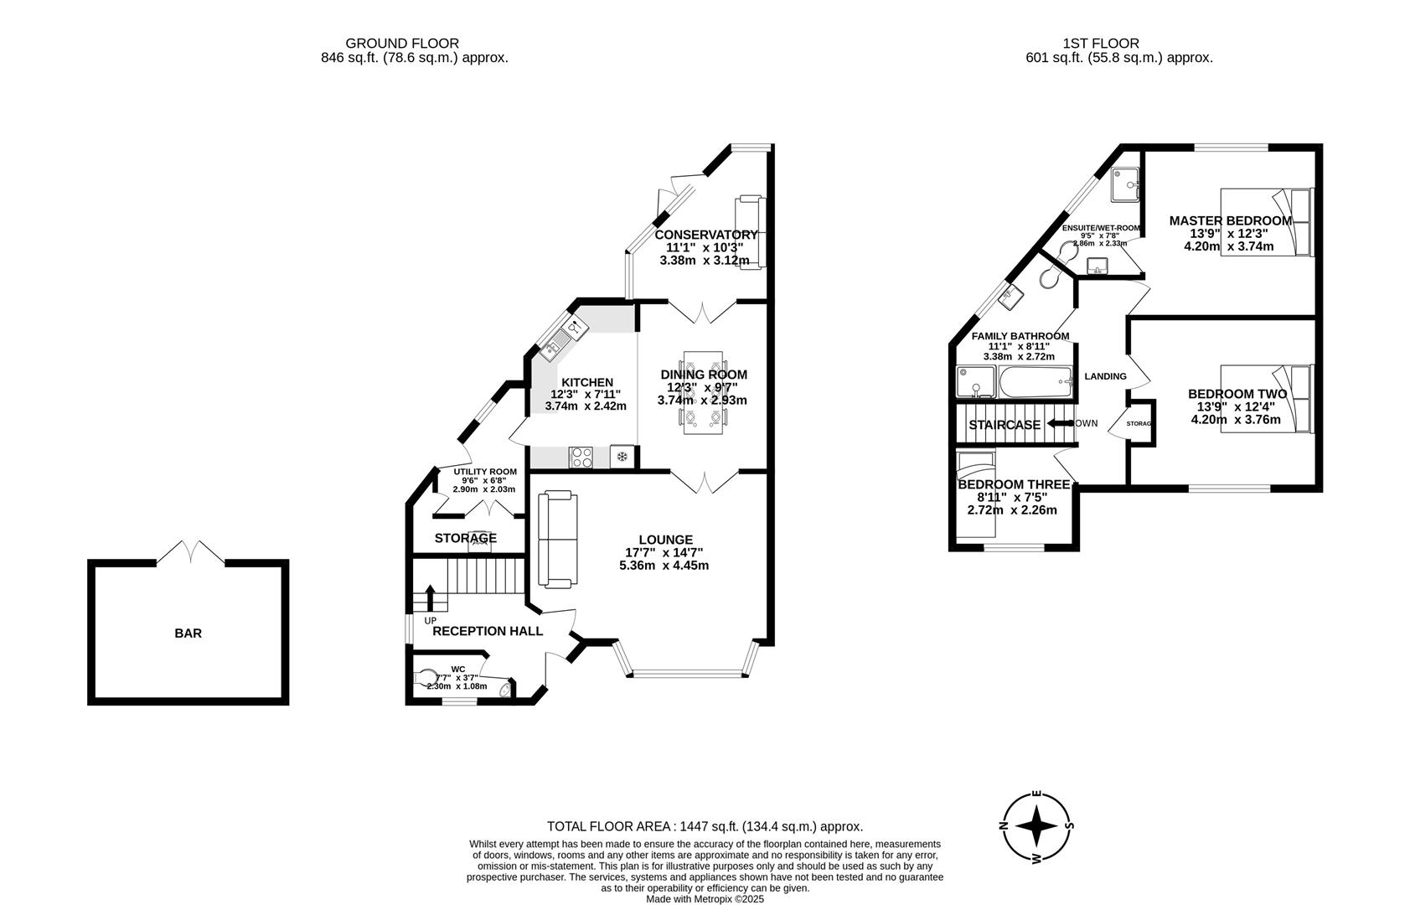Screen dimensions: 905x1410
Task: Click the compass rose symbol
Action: click(1037, 826)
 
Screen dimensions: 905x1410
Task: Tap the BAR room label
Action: click(188, 633)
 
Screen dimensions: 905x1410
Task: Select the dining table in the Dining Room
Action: click(702, 392)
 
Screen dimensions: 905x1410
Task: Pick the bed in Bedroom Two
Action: click(1266, 398)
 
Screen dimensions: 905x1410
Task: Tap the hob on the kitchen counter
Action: click(581, 457)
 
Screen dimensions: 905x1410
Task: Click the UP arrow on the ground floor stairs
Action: click(431, 597)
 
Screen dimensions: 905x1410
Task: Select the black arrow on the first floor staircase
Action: click(1057, 423)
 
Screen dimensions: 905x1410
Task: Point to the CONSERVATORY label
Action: click(705, 235)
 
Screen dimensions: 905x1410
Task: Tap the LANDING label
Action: click(1105, 376)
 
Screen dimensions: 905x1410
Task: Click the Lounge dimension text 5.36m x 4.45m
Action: click(664, 566)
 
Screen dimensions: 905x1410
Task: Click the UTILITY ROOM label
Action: click(485, 472)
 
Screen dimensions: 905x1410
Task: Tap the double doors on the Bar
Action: click(190, 553)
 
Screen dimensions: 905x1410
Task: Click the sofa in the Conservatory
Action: click(750, 231)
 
